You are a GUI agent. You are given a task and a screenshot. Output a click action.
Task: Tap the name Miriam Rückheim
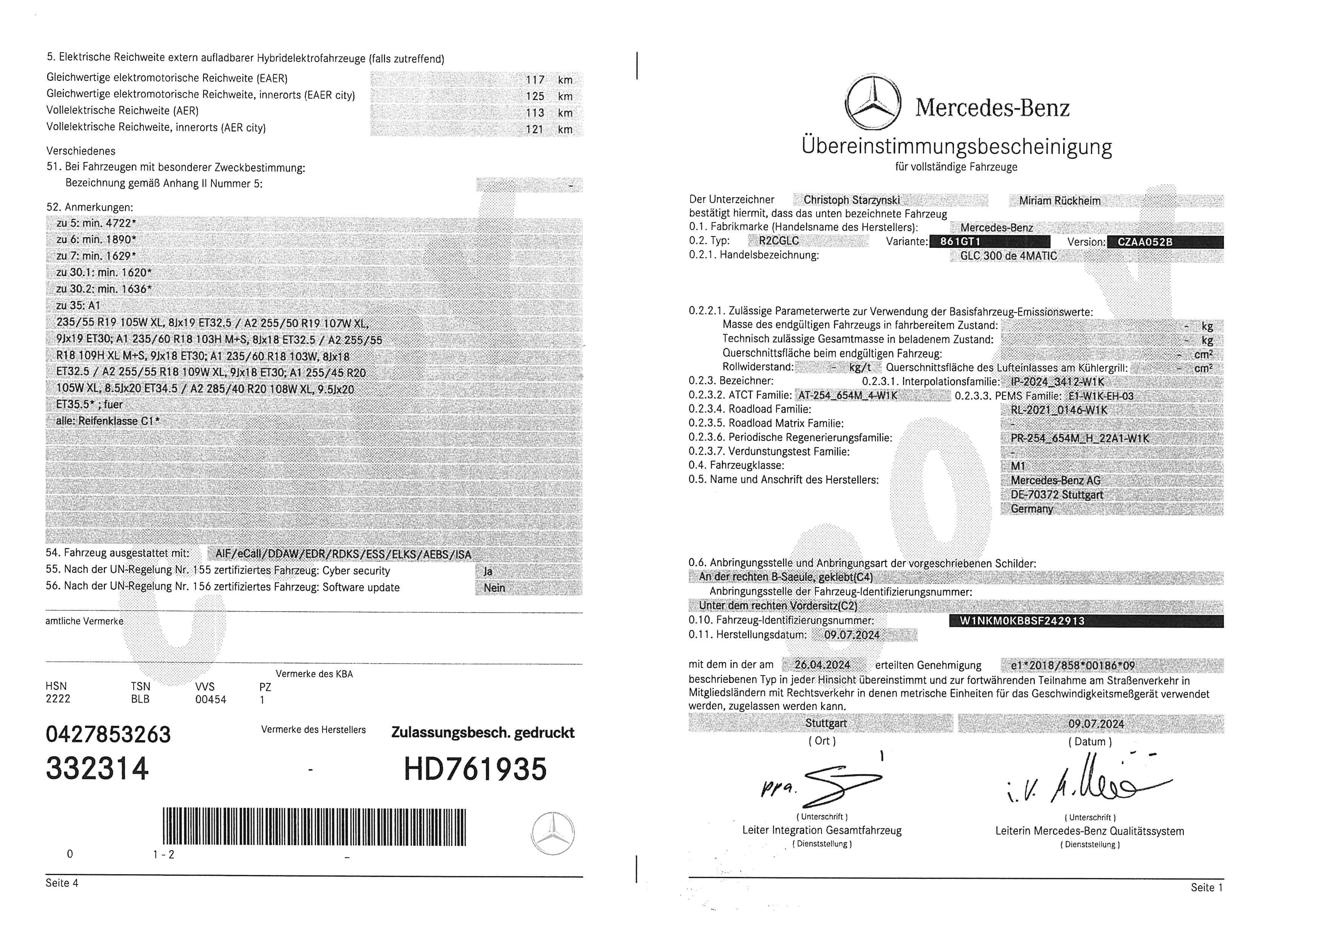point(1059,201)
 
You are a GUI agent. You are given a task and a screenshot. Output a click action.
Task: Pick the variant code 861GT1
point(960,242)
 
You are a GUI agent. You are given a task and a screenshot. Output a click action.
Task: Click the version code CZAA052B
point(1145,242)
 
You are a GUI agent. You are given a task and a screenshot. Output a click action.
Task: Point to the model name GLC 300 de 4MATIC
point(1008,256)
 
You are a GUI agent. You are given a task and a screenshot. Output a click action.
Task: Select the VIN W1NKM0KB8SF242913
point(1022,621)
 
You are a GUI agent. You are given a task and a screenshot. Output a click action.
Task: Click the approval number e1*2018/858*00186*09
point(1073,665)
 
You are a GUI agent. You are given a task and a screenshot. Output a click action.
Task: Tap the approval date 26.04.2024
point(822,665)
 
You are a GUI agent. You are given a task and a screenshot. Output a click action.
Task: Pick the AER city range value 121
point(535,129)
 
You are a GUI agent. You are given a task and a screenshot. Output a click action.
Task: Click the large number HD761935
point(475,769)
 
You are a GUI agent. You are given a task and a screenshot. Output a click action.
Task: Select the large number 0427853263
point(108,734)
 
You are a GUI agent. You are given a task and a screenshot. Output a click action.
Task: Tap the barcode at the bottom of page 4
point(314,827)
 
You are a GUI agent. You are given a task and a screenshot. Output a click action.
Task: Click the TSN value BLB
point(140,699)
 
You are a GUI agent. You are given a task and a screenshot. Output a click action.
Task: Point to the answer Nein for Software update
point(494,588)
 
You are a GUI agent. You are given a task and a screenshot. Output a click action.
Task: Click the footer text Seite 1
point(1206,888)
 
